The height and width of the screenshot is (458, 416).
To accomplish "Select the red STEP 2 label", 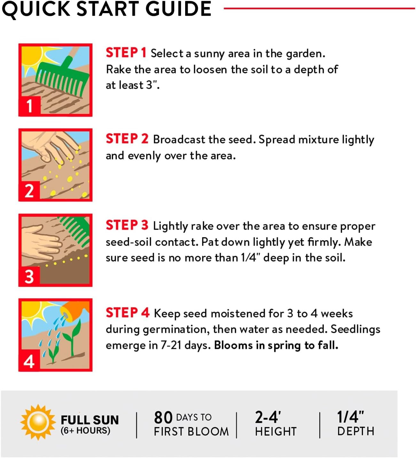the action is coord(127,139).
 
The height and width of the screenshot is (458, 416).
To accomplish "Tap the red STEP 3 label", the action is coord(127,225).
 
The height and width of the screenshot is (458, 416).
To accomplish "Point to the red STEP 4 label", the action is coord(128,313).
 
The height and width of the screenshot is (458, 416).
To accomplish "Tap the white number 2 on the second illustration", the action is coord(29,191).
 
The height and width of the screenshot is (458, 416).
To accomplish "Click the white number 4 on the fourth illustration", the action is coord(29,362).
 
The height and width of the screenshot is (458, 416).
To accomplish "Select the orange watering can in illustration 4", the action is coord(74,310).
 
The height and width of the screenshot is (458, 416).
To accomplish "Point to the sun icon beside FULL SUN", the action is coord(38,422).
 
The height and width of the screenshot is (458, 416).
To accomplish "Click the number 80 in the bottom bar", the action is coord(163,417).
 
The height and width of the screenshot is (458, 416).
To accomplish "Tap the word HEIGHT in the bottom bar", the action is coord(276,432).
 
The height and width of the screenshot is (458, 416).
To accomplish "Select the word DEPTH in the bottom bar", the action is coord(356,431).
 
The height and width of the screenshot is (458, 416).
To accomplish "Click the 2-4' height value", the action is coord(268,417).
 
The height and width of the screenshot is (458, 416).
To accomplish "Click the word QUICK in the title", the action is coord(36,10).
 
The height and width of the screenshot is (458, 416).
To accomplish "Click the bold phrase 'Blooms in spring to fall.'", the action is coord(276,345).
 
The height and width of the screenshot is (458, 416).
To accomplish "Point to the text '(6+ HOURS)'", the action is coord(85,431).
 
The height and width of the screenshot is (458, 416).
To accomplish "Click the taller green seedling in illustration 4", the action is coord(73,338).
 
